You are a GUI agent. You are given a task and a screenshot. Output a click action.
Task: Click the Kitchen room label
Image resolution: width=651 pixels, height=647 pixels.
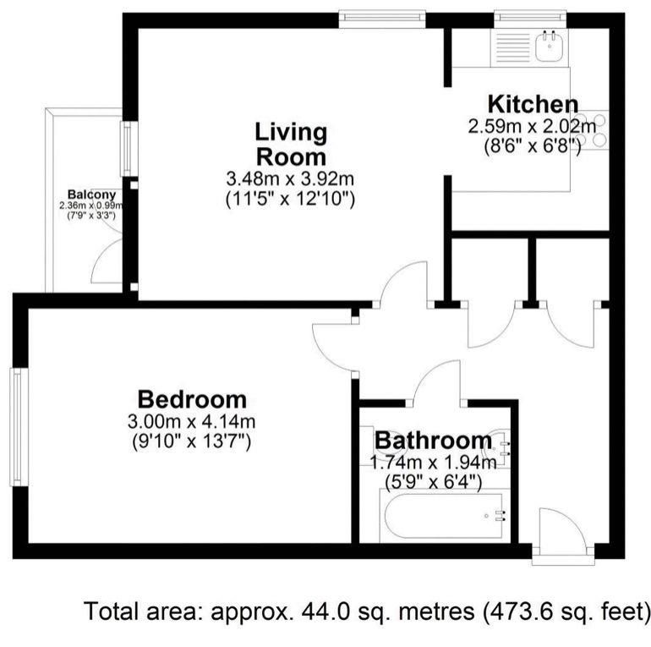pos(533,106)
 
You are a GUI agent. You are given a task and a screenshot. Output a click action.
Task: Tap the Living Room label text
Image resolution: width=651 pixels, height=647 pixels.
pos(290,145)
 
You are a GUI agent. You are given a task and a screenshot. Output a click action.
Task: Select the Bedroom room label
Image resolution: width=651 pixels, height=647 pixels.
pos(193,399)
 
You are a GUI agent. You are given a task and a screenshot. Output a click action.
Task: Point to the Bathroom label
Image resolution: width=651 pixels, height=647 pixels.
pos(433,441)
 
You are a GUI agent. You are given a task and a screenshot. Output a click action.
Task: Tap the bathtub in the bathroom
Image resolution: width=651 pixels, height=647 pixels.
pos(444,515)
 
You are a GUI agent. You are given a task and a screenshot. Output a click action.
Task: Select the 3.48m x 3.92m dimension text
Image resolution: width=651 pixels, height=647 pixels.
pos(290,179)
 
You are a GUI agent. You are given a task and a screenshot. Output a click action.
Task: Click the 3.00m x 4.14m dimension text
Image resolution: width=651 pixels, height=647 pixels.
pos(193,421)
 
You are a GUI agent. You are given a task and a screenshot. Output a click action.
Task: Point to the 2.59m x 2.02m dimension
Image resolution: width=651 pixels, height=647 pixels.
pos(533,127)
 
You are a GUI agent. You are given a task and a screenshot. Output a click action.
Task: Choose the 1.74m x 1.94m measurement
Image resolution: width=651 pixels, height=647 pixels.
pos(433,463)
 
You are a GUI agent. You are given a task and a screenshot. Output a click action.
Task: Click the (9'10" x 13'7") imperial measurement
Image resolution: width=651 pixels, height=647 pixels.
pos(193,441)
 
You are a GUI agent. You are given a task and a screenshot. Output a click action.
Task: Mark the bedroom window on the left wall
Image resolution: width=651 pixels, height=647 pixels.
pos(16,427)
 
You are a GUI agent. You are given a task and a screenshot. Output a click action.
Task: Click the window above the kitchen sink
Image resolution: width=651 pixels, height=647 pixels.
pos(530,15)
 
